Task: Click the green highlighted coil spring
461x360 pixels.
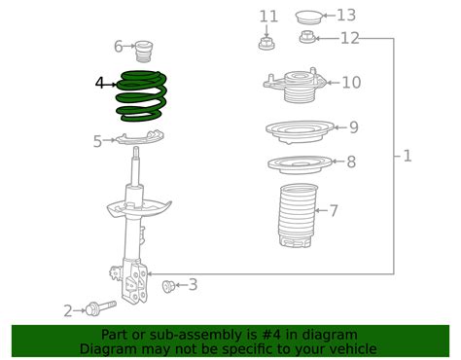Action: (142, 96)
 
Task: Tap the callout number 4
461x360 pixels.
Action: (100, 85)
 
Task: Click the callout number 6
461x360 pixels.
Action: (119, 46)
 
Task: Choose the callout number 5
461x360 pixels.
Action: (97, 142)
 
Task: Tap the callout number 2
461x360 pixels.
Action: (68, 310)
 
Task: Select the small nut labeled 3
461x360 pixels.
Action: (168, 285)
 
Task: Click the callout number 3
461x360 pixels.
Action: (193, 284)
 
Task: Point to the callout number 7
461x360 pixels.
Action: (334, 210)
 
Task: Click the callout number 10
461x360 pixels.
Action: (350, 83)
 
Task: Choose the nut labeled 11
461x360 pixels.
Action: (265, 42)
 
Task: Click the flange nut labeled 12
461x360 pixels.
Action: (305, 38)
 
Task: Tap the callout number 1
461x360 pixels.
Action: (408, 156)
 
